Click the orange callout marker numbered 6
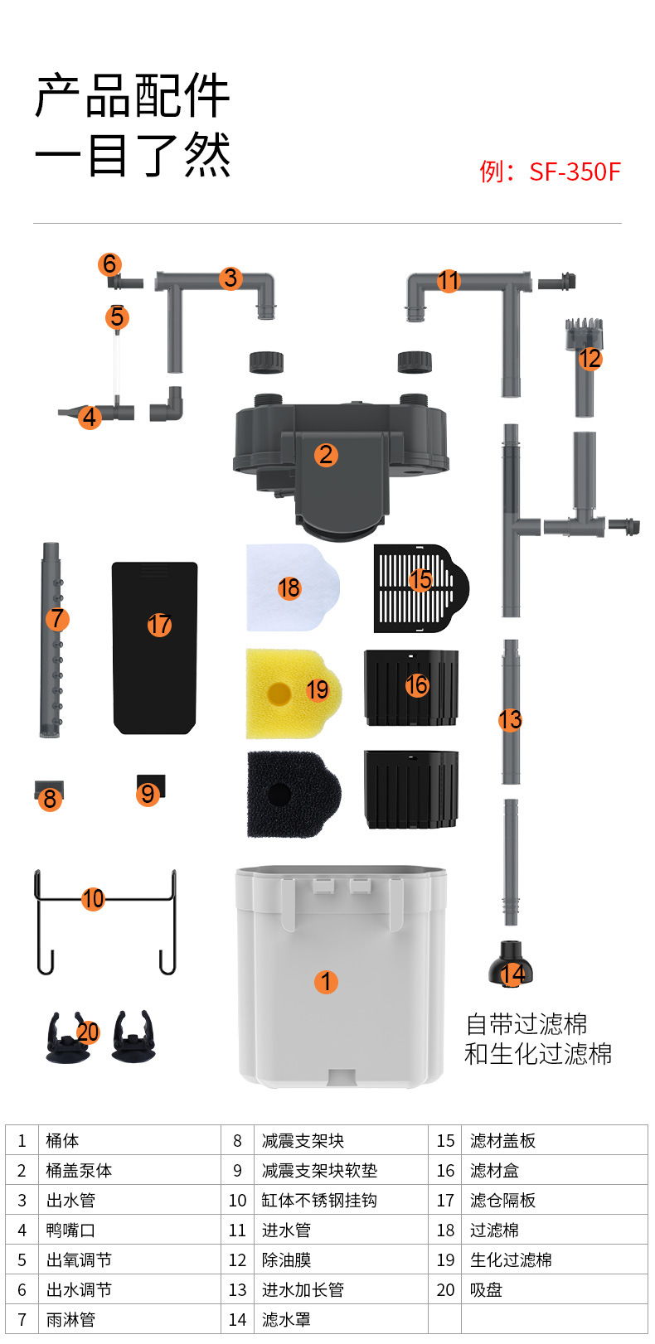pyautogui.click(x=110, y=264)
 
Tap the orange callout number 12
pyautogui.click(x=590, y=359)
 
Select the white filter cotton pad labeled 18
pyautogui.click(x=293, y=587)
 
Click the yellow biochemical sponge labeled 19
pyautogui.click(x=294, y=693)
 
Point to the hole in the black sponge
pyautogui.click(x=279, y=795)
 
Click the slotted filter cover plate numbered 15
pyautogui.click(x=421, y=588)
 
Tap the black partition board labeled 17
pyautogui.click(x=155, y=648)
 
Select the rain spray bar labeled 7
pyautogui.click(x=51, y=640)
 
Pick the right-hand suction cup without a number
pyautogui.click(x=133, y=1037)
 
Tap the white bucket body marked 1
pyautogui.click(x=342, y=976)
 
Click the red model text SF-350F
pyautogui.click(x=575, y=172)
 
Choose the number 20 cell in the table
pyautogui.click(x=445, y=1290)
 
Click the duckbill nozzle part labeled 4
pyautogui.click(x=96, y=413)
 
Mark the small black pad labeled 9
pyautogui.click(x=151, y=786)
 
